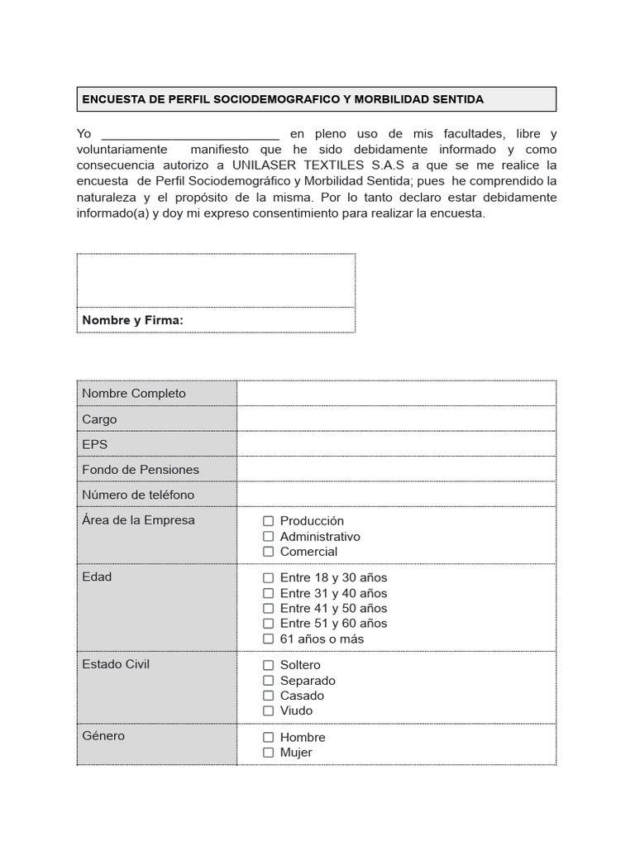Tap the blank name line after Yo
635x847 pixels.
point(190,135)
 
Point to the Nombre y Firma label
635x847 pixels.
point(132,320)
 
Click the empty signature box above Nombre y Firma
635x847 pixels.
point(216,280)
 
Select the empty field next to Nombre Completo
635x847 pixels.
point(396,394)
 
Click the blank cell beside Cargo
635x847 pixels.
point(396,419)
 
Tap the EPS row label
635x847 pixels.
point(95,444)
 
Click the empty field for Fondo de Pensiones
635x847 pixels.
point(396,470)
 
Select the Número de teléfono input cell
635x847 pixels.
point(396,495)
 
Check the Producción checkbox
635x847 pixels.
point(268,521)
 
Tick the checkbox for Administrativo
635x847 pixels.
point(268,536)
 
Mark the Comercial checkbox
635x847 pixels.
point(268,552)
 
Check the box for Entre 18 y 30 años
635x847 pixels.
point(268,578)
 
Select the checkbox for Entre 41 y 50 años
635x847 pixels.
point(268,608)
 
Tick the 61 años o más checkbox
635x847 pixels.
point(268,639)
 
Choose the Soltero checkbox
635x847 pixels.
point(268,665)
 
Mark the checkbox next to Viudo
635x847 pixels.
point(268,711)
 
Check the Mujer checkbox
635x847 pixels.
point(268,753)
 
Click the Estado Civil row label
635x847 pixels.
point(116,664)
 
